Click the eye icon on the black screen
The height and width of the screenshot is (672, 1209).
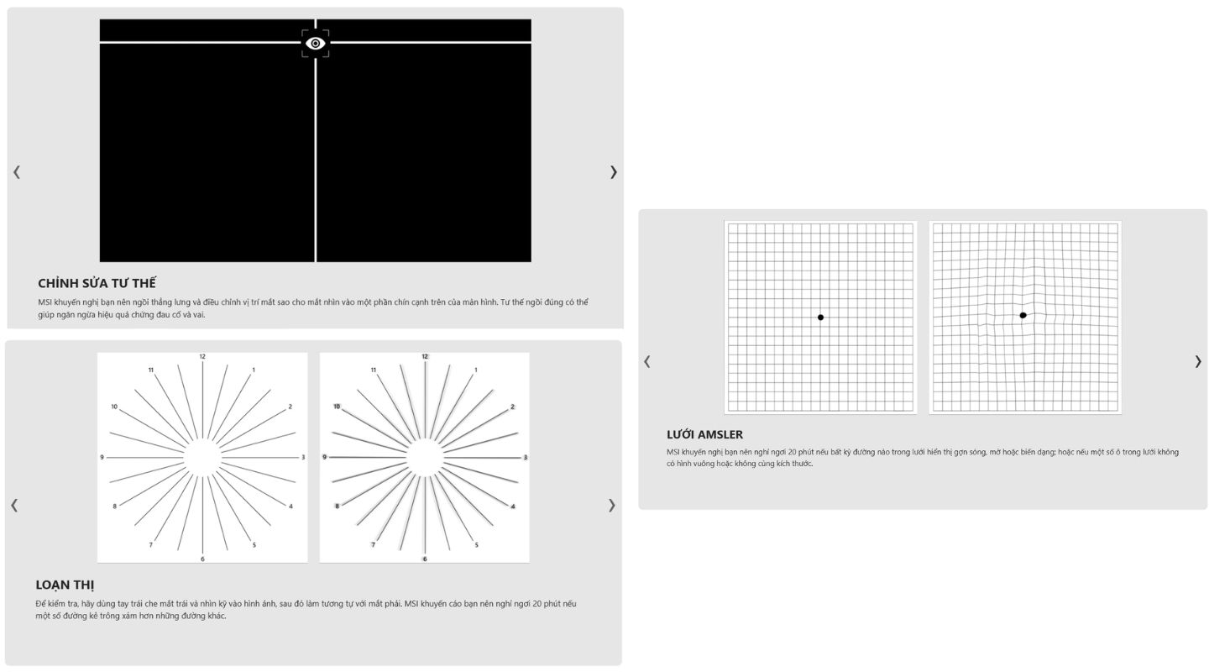coord(315,43)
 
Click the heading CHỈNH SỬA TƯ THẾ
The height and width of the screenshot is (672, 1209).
coord(97,283)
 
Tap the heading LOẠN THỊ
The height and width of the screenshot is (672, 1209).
coord(65,585)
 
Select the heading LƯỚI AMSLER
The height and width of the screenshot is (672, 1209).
coord(704,434)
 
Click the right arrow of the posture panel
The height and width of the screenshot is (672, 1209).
coord(613,172)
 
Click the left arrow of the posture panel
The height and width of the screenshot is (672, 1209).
coord(17,172)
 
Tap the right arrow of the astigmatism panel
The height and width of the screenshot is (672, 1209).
coord(611,505)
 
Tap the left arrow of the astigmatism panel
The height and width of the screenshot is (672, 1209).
coord(14,505)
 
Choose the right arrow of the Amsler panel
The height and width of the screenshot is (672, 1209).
coord(1197,361)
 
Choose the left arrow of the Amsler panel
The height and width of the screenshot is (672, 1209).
coord(647,361)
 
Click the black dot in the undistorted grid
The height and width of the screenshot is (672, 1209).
coord(820,317)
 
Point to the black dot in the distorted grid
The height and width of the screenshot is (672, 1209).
coord(1023,315)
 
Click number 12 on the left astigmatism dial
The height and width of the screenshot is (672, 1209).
coord(202,356)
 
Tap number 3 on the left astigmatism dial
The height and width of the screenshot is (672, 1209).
coord(303,457)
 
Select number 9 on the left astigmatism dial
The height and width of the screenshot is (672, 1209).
coord(102,457)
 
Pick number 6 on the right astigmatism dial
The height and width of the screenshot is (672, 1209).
coord(425,559)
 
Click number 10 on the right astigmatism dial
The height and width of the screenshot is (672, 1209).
coord(337,407)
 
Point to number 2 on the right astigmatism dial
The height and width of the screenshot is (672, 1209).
coord(513,407)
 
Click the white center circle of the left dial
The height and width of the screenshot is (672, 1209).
coord(202,458)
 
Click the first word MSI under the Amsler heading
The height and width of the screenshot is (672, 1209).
coord(673,452)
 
